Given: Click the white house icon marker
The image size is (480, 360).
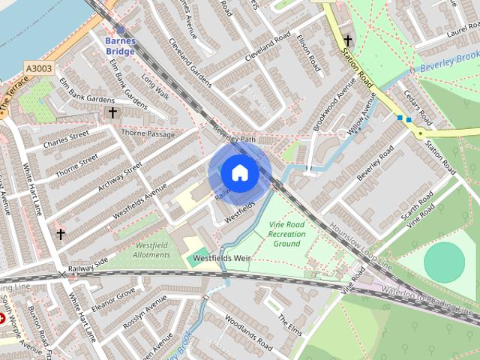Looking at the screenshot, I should pos(239,173).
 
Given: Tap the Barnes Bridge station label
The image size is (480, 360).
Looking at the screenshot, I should pos(120,46).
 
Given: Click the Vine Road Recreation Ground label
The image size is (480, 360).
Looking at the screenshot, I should pos(286,233).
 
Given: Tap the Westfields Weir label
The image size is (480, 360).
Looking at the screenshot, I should pos(220,258).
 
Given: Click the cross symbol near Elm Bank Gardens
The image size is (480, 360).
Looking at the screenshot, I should pos(112,113).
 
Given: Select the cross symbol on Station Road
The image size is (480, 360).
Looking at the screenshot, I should pos(348,40).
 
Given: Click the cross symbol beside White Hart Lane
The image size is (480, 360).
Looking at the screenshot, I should pos(60,235).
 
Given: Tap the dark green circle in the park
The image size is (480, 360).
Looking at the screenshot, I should pos(444,262).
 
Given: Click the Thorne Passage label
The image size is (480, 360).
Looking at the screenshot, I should pos(148,135).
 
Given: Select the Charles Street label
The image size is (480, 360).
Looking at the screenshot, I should pos(66,139).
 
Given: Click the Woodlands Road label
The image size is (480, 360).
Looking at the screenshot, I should pos(247,336).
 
